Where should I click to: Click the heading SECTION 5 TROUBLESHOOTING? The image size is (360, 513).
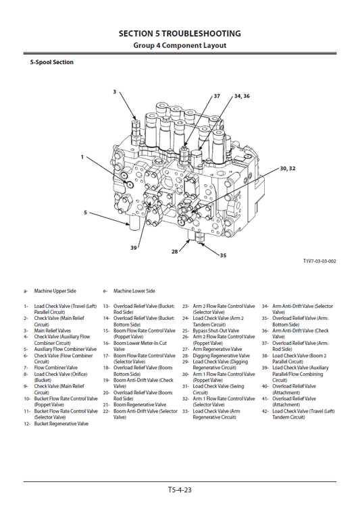pos(180,33)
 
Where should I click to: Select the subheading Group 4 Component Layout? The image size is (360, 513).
pos(180,45)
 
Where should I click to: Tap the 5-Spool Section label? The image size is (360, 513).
pos(51,63)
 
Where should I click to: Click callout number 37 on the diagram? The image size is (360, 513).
pos(217,97)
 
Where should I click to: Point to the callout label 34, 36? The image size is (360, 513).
pos(242,97)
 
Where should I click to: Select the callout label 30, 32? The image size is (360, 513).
pos(287,167)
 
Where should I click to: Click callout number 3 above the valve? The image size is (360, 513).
pos(114,91)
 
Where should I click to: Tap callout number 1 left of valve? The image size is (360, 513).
pos(82,157)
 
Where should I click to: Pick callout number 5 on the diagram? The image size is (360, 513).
pos(85,213)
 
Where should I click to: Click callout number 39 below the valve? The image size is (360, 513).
pos(134,248)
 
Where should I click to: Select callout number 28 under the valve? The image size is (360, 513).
pos(174,251)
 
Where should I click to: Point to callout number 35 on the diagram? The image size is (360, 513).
pos(223,256)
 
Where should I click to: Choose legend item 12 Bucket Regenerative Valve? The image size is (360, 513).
pos(61,424)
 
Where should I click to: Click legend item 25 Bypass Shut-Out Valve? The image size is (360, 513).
pos(217,331)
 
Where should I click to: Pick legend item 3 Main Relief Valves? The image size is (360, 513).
pos(52,331)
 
